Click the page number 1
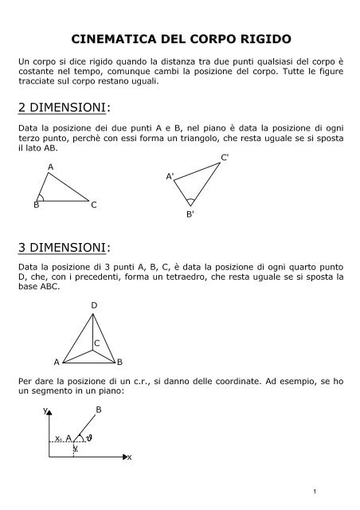[339, 489]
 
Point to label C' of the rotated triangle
[225, 158]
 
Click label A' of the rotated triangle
[170, 175]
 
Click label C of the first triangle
[94, 206]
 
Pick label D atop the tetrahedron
[94, 306]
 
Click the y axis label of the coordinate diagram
[45, 411]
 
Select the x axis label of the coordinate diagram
[130, 458]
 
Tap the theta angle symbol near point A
[90, 437]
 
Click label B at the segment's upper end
[99, 410]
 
